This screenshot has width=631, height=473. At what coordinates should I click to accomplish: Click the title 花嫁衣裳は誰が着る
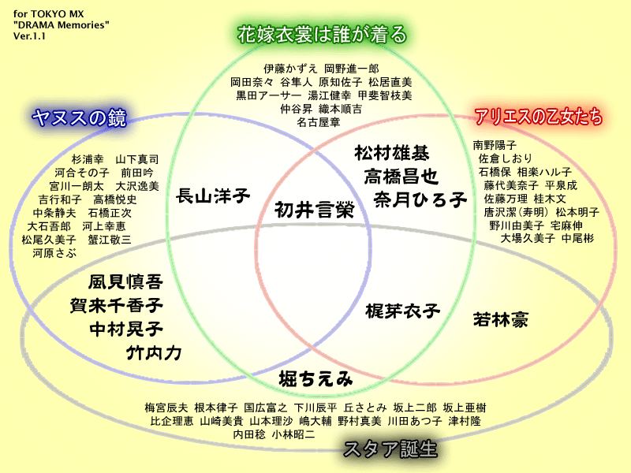(x=323, y=35)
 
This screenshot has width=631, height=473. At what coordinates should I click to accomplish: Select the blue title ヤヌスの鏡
(x=80, y=117)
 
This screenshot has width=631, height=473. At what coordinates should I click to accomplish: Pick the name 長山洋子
(x=212, y=195)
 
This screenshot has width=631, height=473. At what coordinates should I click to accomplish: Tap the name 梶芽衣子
(x=402, y=311)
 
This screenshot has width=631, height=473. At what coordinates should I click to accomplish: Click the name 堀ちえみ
(x=315, y=379)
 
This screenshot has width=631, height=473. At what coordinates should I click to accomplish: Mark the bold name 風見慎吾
(x=125, y=282)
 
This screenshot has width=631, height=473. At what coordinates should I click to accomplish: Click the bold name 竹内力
(x=154, y=352)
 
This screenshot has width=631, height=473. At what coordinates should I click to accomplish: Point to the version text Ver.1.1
(x=30, y=36)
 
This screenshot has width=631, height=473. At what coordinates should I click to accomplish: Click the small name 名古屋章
(x=318, y=122)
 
